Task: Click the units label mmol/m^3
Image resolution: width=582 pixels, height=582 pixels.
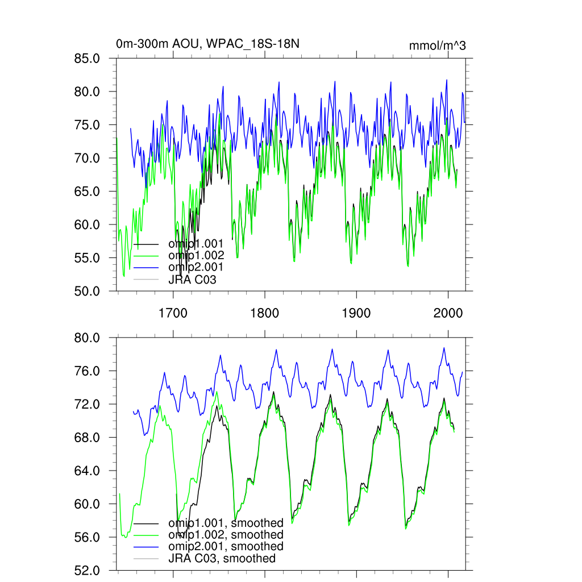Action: (437, 46)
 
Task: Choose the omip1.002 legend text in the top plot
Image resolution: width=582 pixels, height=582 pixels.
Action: (196, 256)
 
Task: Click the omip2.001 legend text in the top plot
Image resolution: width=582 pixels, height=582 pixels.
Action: (196, 267)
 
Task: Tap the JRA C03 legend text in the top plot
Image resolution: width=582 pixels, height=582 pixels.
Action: (192, 279)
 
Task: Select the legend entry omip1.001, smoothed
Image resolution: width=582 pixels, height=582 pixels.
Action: (226, 523)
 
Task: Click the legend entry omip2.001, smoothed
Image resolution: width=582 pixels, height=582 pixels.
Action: (226, 546)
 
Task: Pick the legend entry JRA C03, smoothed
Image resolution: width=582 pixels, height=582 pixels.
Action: (222, 558)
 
